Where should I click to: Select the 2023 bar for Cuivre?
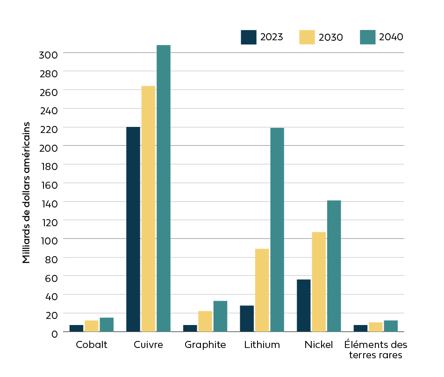tap(133, 229)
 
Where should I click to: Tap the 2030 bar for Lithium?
tap(262, 290)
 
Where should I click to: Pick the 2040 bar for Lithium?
tap(277, 229)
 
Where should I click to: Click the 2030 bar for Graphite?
tap(205, 321)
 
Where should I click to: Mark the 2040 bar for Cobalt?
tap(107, 325)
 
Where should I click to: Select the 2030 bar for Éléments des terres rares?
tap(376, 327)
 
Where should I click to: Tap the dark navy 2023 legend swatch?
tap(249, 37)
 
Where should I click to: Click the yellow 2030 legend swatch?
tap(307, 37)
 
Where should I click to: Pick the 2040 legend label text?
tap(391, 37)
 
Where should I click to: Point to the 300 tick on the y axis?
tap(48, 54)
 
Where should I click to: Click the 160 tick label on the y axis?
tap(48, 184)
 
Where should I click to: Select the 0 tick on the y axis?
tap(54, 333)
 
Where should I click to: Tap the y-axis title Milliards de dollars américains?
tap(27, 192)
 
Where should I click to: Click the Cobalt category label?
tap(92, 345)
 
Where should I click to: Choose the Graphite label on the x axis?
tap(205, 345)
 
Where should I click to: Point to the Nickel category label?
tap(319, 345)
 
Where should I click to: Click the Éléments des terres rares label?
tap(376, 350)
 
